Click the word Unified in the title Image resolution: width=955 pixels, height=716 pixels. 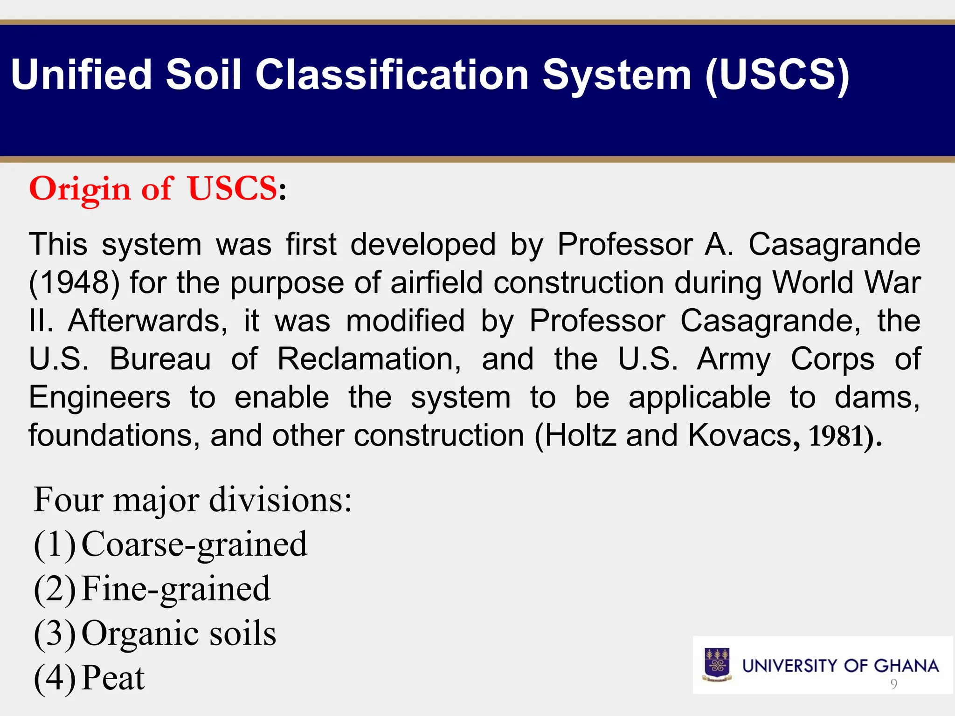(82, 75)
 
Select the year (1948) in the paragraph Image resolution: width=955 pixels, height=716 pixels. (74, 283)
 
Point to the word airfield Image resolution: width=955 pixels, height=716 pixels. (436, 283)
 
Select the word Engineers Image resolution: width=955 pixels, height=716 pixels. (100, 398)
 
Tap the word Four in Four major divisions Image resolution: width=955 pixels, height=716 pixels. (69, 500)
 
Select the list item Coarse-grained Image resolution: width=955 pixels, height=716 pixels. (194, 544)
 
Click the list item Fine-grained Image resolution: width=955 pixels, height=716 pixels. (176, 589)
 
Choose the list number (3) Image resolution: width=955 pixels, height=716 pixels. (55, 633)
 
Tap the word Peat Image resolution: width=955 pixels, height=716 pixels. (113, 678)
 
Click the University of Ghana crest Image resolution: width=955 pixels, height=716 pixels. (717, 665)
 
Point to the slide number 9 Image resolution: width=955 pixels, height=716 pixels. (893, 684)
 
